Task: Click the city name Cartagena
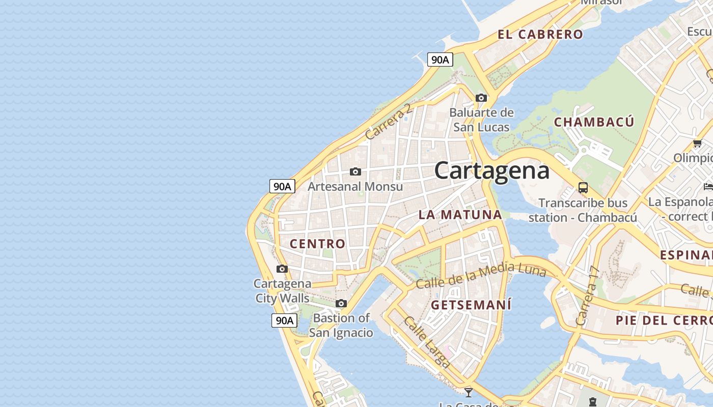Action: pos(492,170)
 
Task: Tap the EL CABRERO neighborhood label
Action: pos(540,35)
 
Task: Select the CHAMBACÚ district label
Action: pos(594,122)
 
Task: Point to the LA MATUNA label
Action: pos(460,215)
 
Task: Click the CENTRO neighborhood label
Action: pos(318,244)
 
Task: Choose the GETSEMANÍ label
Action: pos(471,305)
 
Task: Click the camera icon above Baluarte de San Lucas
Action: pos(481,98)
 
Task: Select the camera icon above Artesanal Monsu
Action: pos(355,172)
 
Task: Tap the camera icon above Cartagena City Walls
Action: pos(282,269)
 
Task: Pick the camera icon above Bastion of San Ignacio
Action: pos(341,304)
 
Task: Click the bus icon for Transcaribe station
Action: pos(583,187)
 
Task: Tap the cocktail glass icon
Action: pos(469,392)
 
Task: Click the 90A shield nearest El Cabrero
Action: pos(440,60)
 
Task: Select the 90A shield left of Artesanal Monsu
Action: pos(282,186)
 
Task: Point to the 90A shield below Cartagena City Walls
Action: pos(284,321)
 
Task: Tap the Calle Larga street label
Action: pos(427,342)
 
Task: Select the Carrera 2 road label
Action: pos(388,122)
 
